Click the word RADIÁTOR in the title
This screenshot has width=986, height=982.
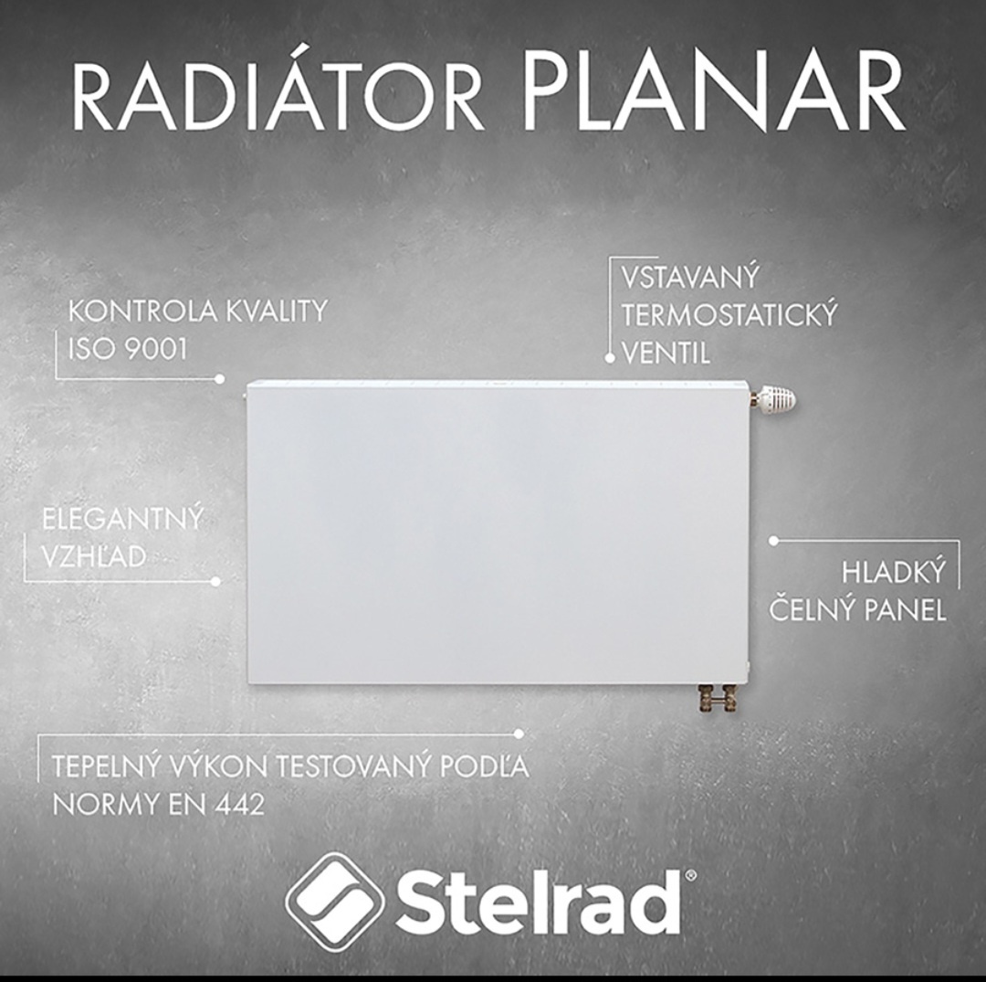(x=278, y=93)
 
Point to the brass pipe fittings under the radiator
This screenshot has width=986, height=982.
(x=718, y=698)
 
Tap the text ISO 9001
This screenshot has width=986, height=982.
(x=128, y=350)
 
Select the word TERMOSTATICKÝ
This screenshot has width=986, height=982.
(x=729, y=314)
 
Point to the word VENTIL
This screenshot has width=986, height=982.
(x=666, y=354)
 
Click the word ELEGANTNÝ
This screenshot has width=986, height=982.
(x=122, y=519)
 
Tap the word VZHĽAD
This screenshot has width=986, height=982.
(x=94, y=556)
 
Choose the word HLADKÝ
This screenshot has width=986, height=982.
(x=894, y=572)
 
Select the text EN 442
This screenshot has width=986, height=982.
(x=216, y=805)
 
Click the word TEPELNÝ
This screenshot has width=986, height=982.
(x=103, y=766)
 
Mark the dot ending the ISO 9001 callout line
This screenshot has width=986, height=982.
(x=219, y=379)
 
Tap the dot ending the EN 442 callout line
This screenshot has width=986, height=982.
(x=519, y=734)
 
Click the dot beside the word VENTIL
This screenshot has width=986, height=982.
(x=609, y=358)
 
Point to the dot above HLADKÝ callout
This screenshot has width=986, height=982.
(x=774, y=541)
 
